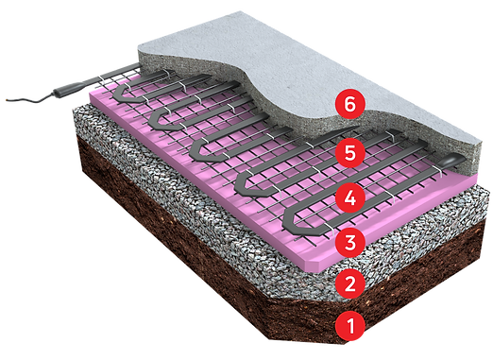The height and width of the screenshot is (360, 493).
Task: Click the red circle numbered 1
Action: (x=350, y=327)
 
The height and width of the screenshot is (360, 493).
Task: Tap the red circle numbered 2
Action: (x=349, y=283)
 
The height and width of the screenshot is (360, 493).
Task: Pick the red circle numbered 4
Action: (x=350, y=198)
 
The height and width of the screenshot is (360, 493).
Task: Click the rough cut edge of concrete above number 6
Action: (x=312, y=90)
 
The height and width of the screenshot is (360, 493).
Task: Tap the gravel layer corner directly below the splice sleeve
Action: (x=74, y=113)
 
